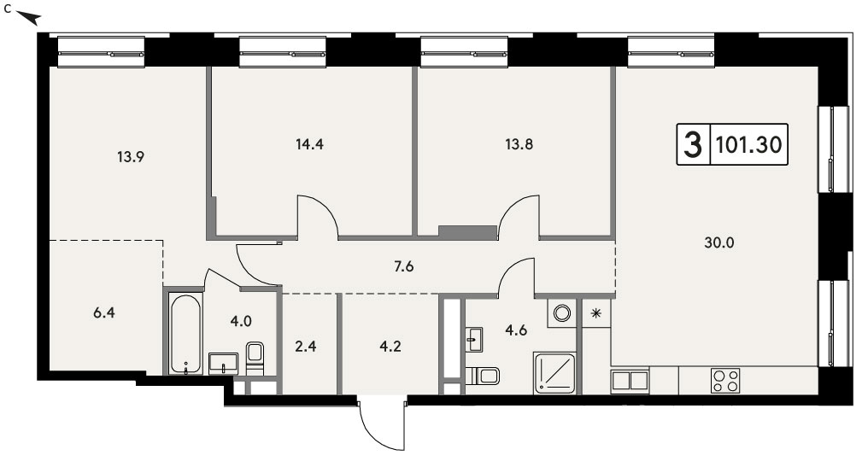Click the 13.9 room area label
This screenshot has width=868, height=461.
131,156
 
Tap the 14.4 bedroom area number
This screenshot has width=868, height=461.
309,144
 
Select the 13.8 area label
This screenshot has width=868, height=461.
519,144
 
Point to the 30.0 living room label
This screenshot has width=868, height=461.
719,242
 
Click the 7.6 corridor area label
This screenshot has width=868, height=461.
404,267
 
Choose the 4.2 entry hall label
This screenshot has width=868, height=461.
390,347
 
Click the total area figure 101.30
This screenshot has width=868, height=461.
748,145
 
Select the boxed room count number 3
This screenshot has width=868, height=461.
693,145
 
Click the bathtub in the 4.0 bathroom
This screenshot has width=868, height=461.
185,335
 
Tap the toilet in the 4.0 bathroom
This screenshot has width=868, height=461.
255,356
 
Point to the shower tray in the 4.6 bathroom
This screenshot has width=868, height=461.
555,373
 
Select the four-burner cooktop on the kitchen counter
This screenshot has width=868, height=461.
726,381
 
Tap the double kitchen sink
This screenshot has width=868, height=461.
630,382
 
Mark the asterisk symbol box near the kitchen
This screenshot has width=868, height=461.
596,314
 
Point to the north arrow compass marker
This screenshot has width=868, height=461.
29,17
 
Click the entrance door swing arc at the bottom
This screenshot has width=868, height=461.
370,426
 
